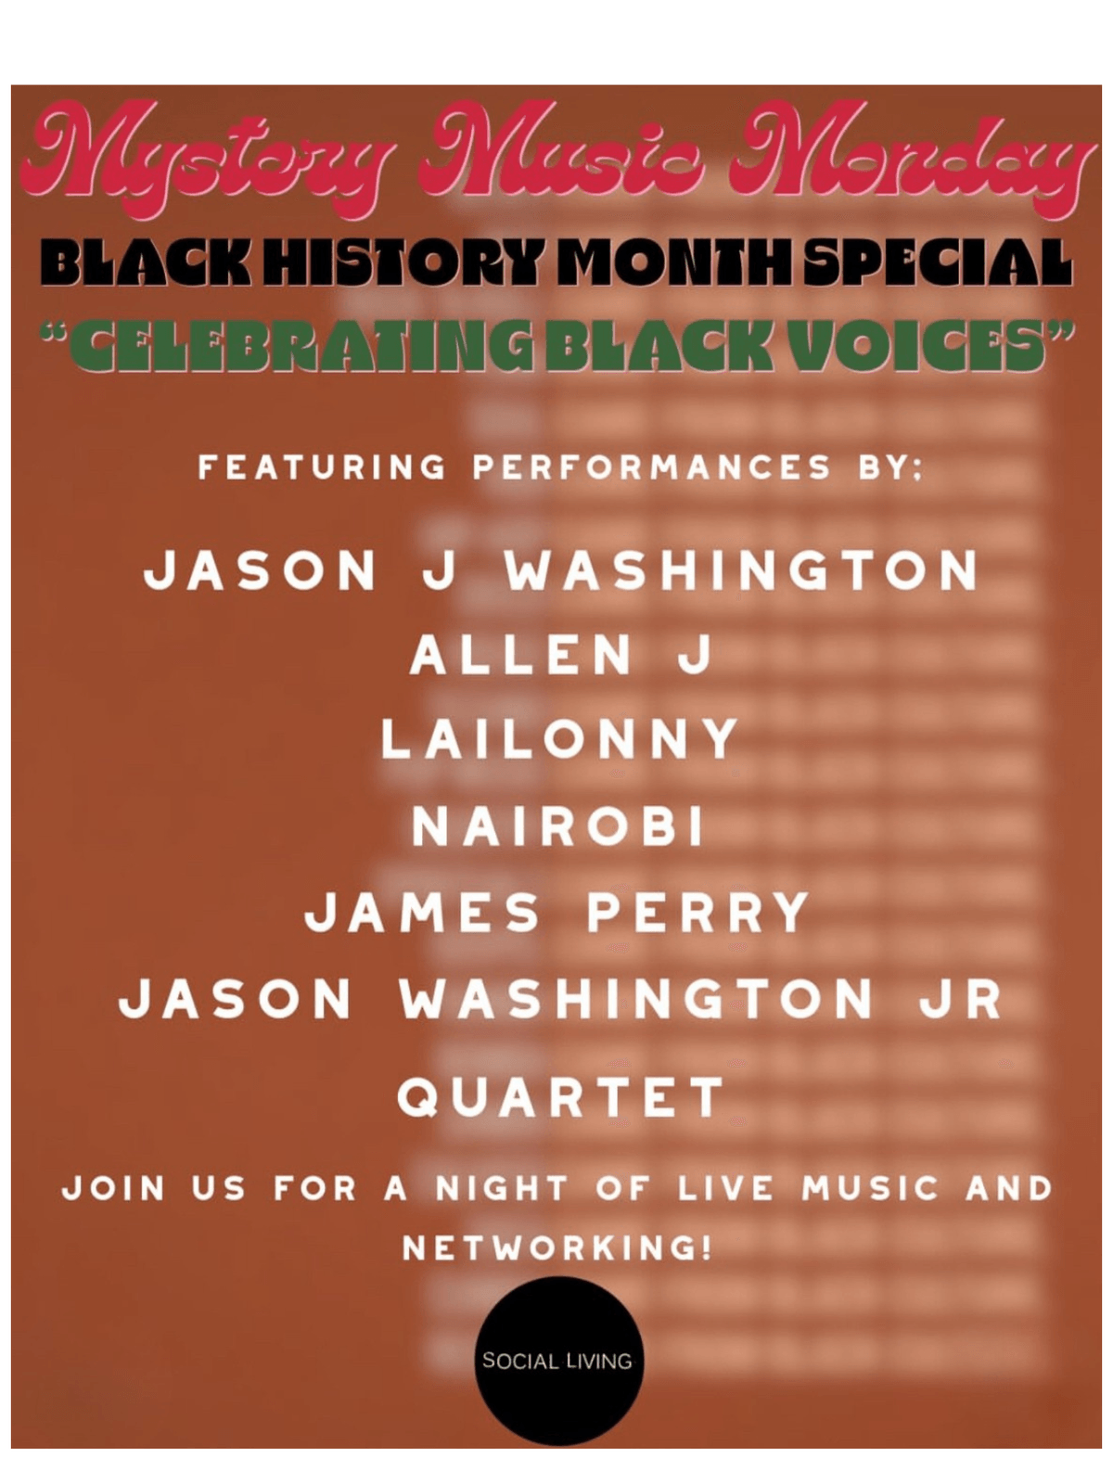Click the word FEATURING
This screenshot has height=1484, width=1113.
pos(323,467)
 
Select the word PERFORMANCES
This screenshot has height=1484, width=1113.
pos(651,467)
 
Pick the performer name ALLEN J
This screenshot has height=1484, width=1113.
pos(561,655)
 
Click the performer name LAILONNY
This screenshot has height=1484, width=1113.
pos(559,738)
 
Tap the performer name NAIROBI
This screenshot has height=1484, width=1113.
pos(558,826)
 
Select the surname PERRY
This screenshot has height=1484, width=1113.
pos(698,912)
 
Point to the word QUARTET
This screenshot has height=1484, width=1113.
pos(560,1096)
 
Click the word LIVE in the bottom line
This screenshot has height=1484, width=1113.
pos(724,1188)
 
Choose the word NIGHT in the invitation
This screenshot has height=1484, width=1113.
pos(502,1188)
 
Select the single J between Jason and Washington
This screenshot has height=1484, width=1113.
pos(438,569)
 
